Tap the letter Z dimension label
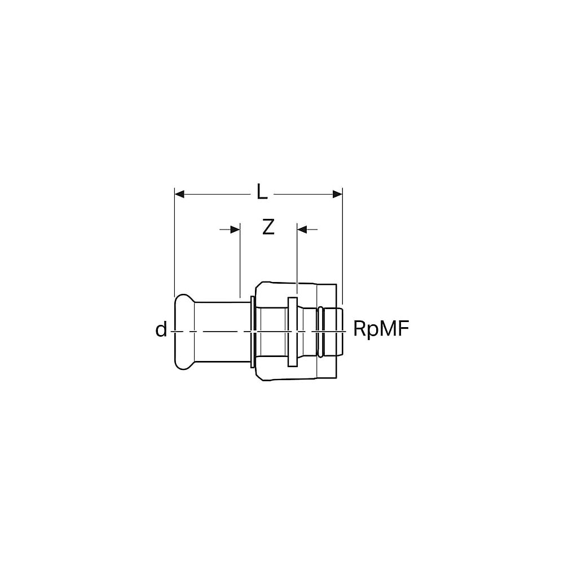(x=268, y=227)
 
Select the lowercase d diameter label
(x=161, y=329)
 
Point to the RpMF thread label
(x=381, y=328)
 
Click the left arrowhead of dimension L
(x=179, y=194)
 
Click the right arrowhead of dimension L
(x=337, y=194)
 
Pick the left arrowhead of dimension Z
(x=235, y=229)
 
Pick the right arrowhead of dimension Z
(x=302, y=229)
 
